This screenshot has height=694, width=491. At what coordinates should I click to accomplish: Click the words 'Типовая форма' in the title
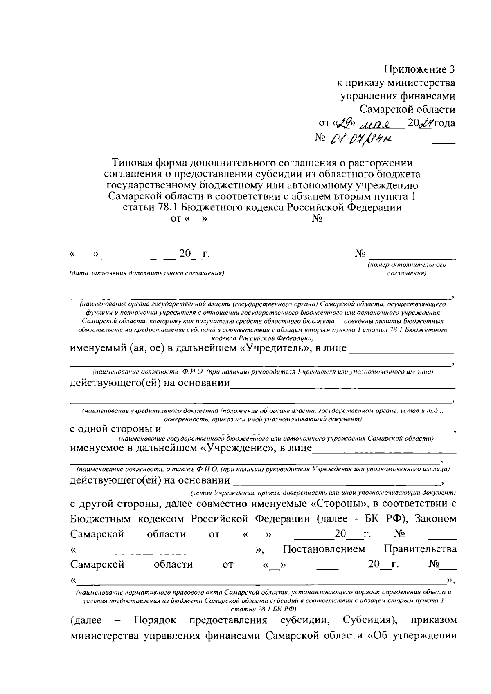(149, 163)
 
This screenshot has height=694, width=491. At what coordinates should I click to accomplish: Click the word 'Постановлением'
(324, 549)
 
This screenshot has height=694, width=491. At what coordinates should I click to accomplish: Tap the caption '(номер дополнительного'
(407, 265)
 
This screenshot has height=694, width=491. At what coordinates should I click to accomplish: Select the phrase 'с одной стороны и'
(115, 429)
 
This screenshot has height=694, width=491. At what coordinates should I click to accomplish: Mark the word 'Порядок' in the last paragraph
(155, 631)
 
